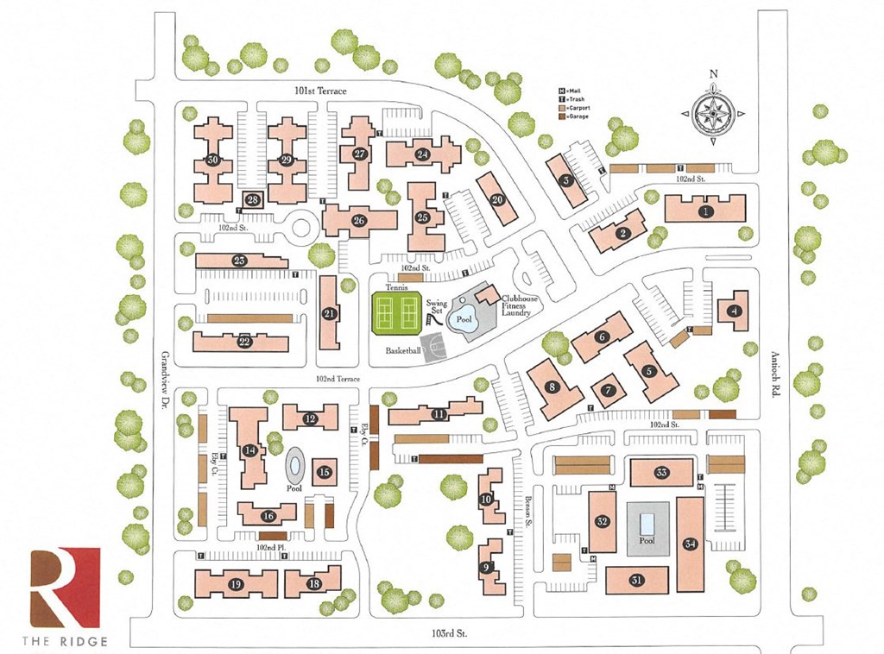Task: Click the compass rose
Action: [x=714, y=113]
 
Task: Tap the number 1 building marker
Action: [x=706, y=211]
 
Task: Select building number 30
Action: [x=212, y=160]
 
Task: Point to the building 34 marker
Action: [x=689, y=544]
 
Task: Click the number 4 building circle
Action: [x=734, y=311]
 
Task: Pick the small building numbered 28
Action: [x=253, y=200]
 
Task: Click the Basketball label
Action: [x=403, y=351]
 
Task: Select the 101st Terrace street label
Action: [x=320, y=90]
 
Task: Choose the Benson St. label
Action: [x=527, y=506]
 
